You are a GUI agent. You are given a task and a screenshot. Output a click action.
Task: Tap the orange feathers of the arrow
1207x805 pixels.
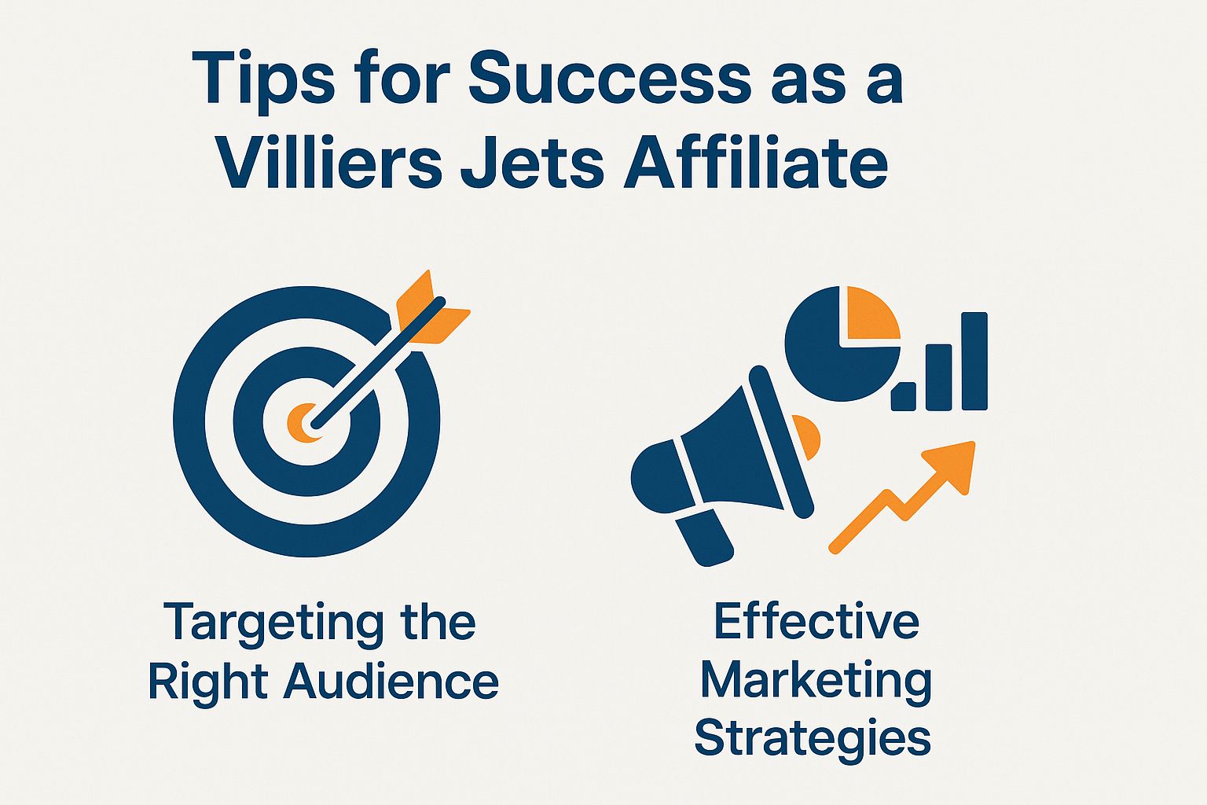click(428, 311)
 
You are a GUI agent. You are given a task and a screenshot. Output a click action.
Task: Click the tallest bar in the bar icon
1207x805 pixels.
click(974, 361)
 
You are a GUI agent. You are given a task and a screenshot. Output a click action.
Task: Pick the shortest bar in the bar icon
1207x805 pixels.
click(904, 396)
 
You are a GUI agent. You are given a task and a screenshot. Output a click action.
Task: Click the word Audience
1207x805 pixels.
click(391, 681)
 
